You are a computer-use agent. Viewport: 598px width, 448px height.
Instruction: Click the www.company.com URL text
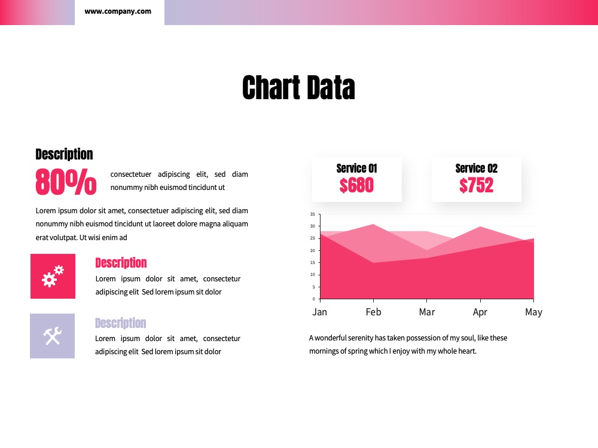tap(118, 11)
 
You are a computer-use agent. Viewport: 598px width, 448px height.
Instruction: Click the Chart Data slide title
tap(298, 88)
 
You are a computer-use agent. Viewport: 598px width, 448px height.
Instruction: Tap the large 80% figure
tap(66, 182)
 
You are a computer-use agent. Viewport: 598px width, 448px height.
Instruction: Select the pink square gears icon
tap(53, 276)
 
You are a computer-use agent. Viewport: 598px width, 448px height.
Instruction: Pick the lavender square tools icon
tap(52, 336)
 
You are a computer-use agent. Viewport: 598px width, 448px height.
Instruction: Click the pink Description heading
tap(121, 263)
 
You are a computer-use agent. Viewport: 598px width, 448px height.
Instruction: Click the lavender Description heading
tap(121, 323)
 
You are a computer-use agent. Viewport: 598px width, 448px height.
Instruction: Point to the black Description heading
tap(64, 154)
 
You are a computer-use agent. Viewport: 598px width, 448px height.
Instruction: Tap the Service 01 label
tap(356, 168)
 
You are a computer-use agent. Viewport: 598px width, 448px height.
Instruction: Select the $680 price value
tap(356, 186)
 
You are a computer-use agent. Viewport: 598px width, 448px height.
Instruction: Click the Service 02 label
tap(477, 168)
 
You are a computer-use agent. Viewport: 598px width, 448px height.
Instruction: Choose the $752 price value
tap(477, 186)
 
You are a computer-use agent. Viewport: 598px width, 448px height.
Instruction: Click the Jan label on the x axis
tap(319, 312)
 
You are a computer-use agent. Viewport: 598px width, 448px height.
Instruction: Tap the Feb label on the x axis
tap(373, 312)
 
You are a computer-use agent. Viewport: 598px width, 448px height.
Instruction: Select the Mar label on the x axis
tap(427, 312)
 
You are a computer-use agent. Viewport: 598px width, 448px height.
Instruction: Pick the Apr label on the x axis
tap(480, 312)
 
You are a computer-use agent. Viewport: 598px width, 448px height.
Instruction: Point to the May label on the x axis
tap(533, 312)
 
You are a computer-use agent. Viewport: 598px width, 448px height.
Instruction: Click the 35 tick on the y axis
tap(313, 214)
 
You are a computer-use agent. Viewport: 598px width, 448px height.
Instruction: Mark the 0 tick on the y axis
tap(314, 299)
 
